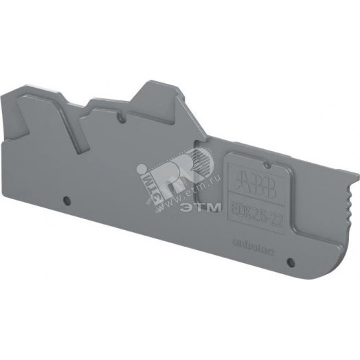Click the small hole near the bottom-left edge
click(x=67, y=201)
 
